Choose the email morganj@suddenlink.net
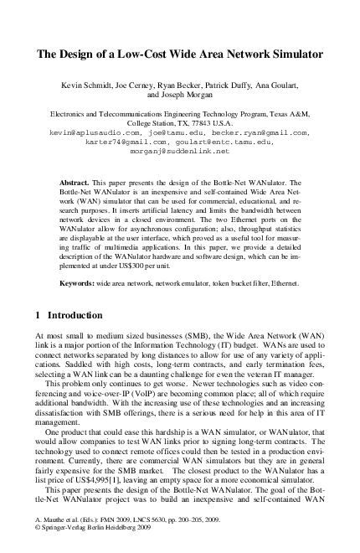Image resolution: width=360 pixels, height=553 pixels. tap(179, 152)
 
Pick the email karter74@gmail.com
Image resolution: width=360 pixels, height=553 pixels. tap(123, 142)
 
